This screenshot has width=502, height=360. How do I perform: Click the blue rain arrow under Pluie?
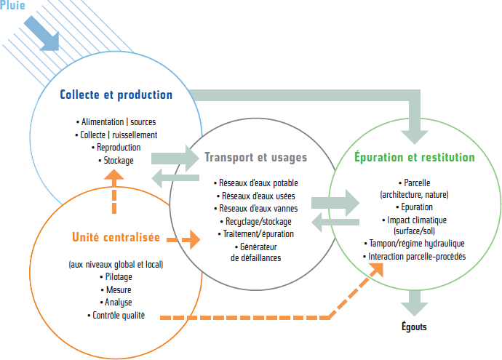click(43, 33)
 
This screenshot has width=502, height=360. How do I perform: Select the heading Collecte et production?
click(116, 95)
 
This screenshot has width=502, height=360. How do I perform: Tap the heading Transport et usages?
click(255, 157)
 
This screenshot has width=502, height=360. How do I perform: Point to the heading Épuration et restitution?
click(414, 157)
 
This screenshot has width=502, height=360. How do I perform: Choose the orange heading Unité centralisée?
click(116, 237)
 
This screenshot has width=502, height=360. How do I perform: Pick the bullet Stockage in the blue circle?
click(116, 160)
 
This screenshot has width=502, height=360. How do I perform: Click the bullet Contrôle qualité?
click(116, 315)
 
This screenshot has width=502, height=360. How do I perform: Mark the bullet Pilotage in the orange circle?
click(116, 277)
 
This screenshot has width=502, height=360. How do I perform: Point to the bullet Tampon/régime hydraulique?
click(414, 244)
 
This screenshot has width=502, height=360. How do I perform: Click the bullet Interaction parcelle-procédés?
click(414, 257)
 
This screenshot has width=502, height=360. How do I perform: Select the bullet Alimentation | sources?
click(116, 121)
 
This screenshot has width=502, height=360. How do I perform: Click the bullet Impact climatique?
click(414, 220)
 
